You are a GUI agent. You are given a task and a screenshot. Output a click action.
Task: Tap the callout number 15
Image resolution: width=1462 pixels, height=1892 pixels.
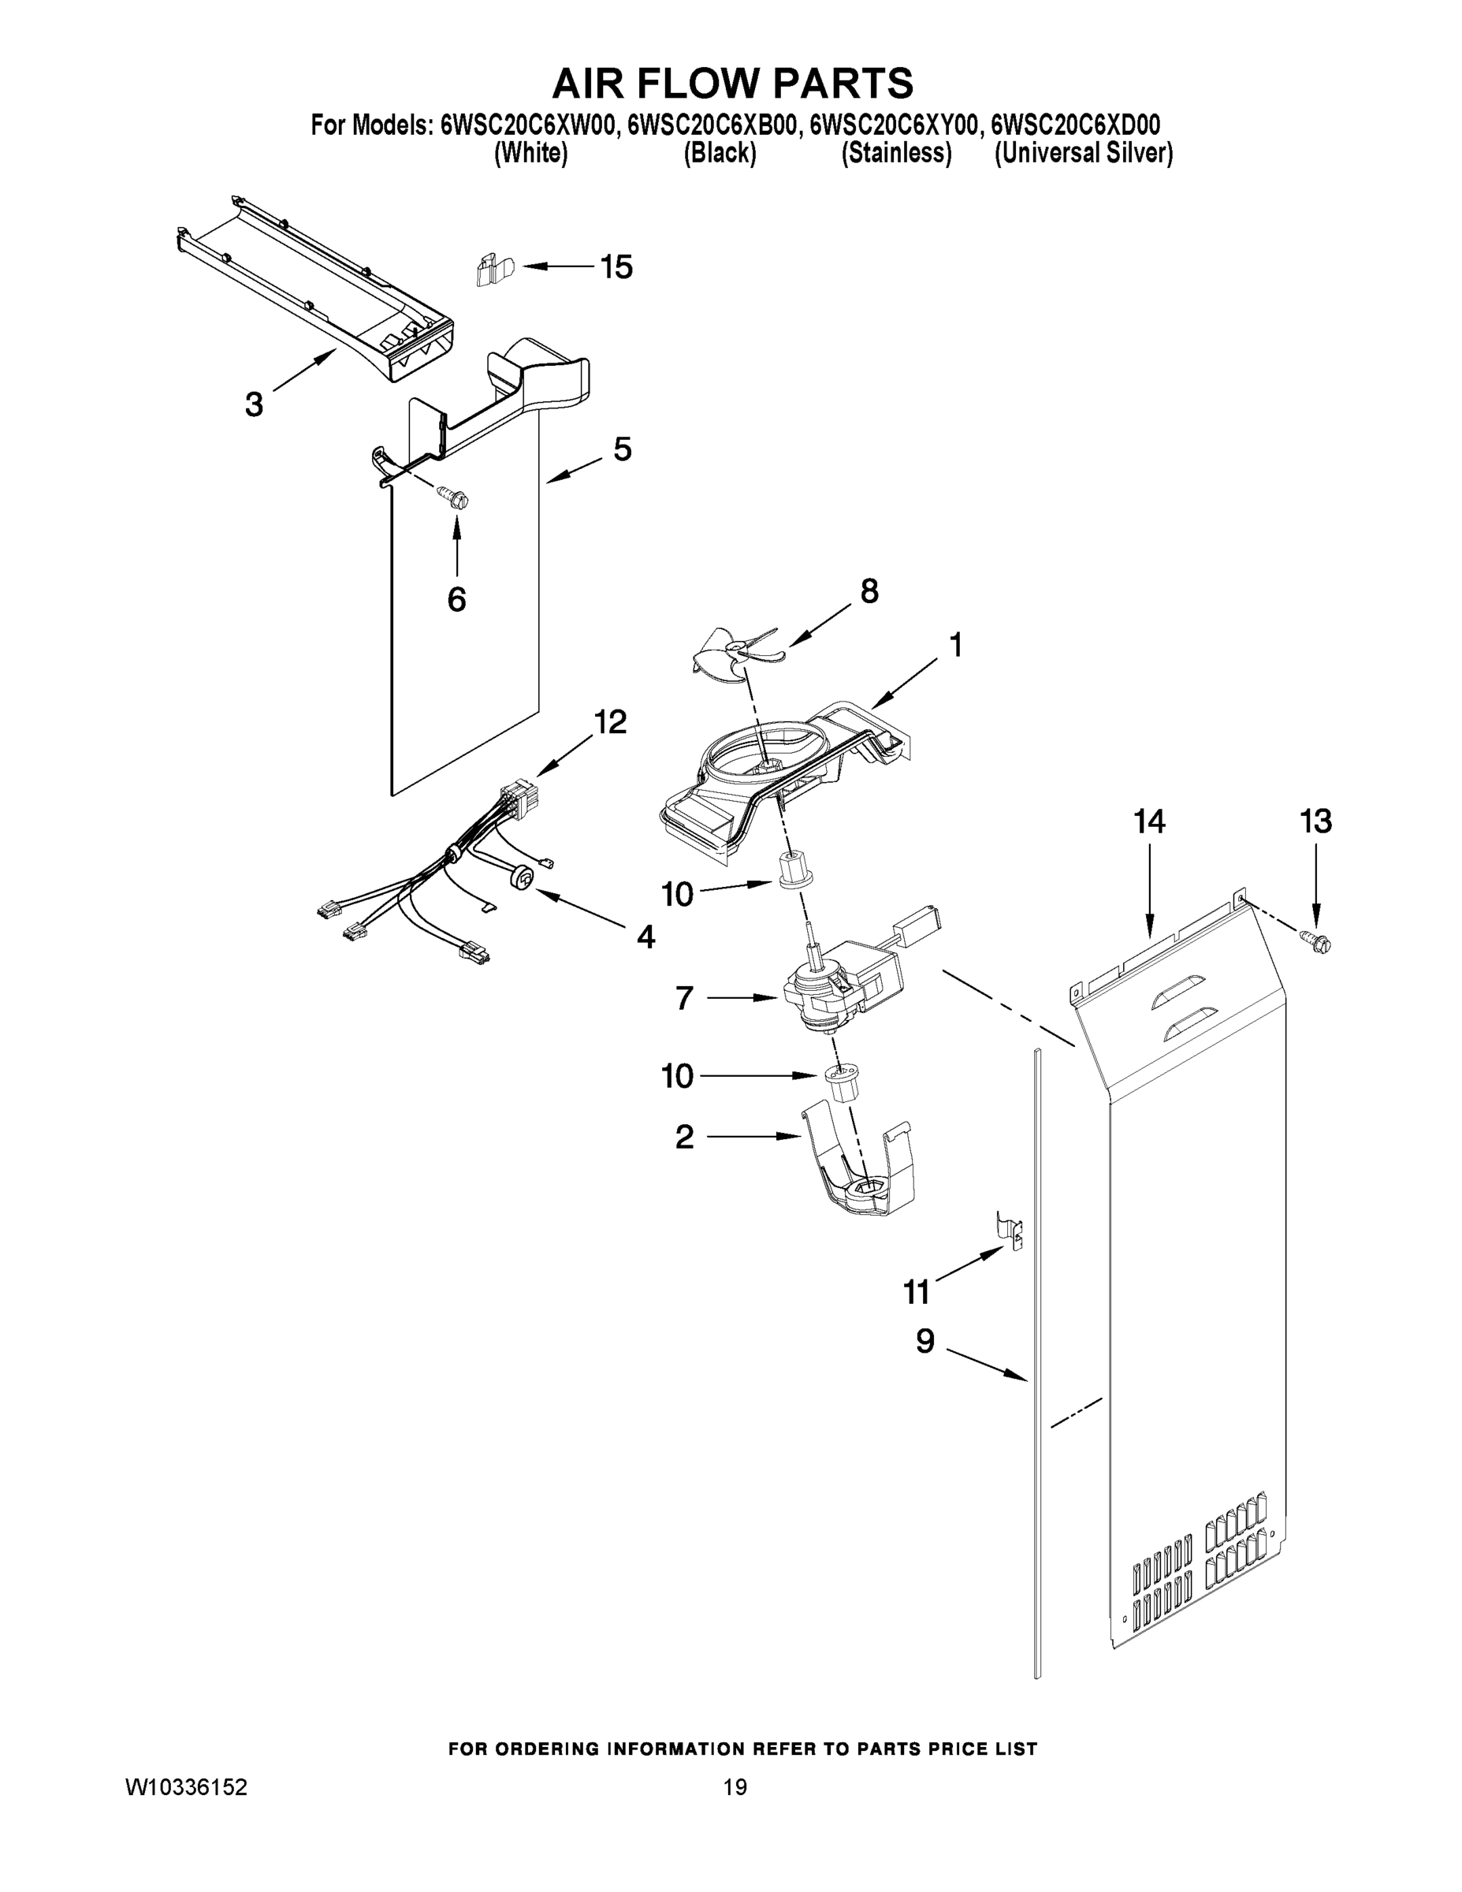616,266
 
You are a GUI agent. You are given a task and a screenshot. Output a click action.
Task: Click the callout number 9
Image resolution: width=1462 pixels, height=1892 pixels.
925,1342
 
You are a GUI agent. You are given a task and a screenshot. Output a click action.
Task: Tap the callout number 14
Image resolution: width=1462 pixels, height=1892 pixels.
1149,821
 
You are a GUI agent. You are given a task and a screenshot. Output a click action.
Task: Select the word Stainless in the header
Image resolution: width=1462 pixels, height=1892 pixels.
896,154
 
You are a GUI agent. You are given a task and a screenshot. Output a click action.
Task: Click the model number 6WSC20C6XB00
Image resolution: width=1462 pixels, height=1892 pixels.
710,125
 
